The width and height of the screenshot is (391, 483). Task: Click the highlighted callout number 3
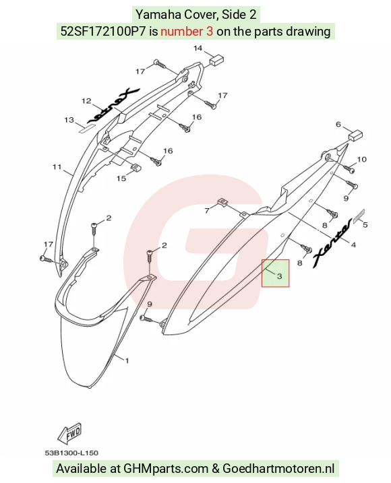(x=279, y=276)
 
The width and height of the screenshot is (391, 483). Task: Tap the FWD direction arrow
(x=70, y=433)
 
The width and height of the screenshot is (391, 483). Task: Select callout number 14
(x=198, y=48)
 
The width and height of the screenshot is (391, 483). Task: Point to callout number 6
(x=338, y=124)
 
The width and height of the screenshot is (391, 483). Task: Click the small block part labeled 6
(x=355, y=135)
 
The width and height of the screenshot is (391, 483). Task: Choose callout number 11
(x=57, y=166)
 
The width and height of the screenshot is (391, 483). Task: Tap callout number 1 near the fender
(x=127, y=360)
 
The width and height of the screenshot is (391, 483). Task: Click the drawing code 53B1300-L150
(x=71, y=453)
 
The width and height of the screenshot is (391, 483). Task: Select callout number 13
(x=69, y=119)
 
